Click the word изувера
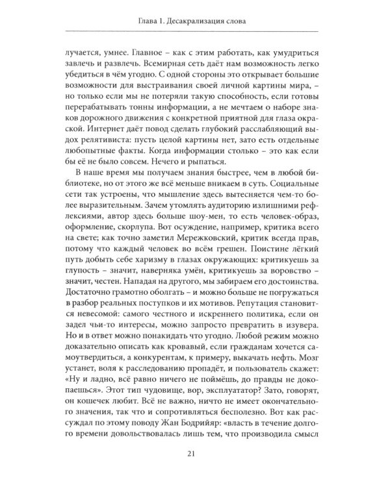click(298, 349)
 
